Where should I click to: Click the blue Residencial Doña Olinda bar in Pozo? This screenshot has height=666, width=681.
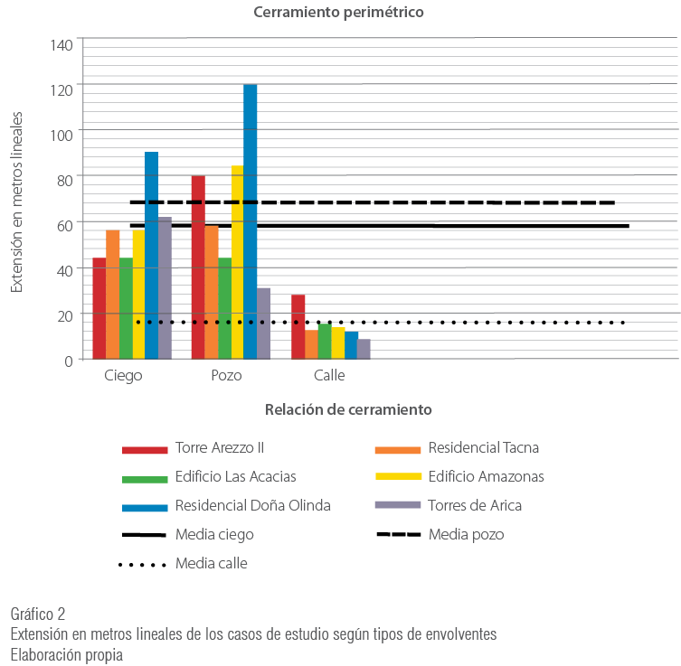point(251,221)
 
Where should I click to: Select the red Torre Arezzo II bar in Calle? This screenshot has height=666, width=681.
point(298,326)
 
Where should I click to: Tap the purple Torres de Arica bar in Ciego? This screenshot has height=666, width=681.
point(165,287)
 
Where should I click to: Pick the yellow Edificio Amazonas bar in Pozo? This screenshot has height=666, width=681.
point(237,262)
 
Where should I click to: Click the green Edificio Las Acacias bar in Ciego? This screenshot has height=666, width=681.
point(126,308)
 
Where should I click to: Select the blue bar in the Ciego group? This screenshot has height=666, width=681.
point(152,255)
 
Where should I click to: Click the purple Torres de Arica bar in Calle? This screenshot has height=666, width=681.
point(364,349)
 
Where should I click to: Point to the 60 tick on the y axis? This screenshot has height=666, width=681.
point(63,223)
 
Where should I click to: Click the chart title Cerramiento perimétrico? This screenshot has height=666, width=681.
point(338,13)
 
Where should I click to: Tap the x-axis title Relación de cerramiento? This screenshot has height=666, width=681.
point(348,409)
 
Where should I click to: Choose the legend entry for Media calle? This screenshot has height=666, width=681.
point(212,564)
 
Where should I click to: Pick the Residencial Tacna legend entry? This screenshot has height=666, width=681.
point(484,448)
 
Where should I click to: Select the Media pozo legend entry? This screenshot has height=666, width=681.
point(466,535)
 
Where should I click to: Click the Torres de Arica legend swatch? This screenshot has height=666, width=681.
point(398,506)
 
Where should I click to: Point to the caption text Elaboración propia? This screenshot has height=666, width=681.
point(67,653)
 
